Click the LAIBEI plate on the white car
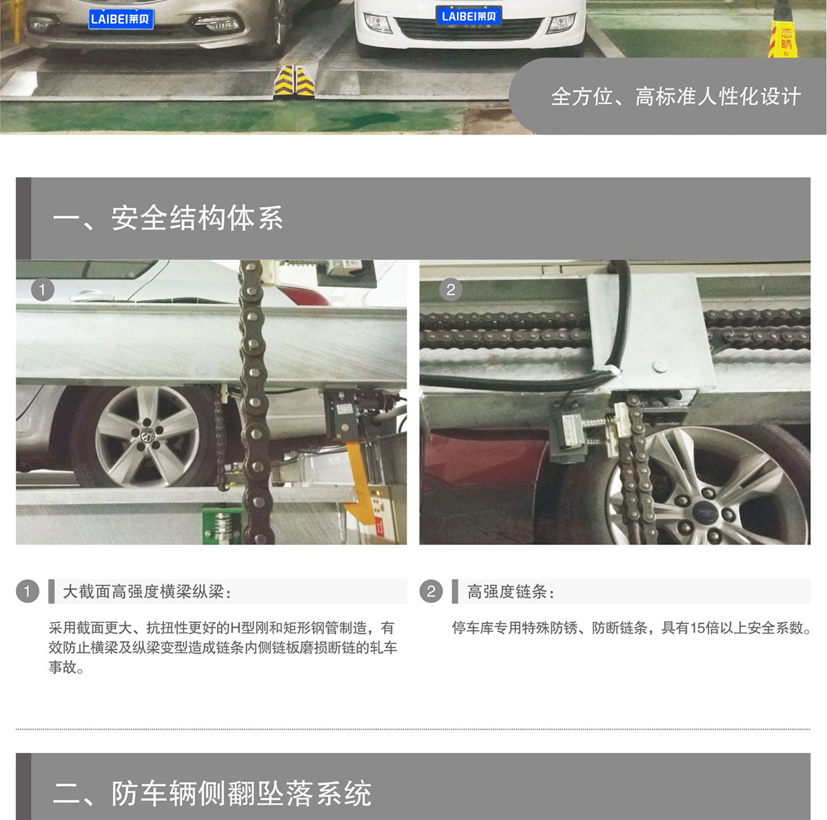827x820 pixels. click(x=469, y=17)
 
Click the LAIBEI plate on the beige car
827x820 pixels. click(x=121, y=19)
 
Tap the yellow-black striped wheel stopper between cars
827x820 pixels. click(x=294, y=80)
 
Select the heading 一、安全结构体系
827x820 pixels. click(x=167, y=218)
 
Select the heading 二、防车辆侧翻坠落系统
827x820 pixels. click(x=212, y=793)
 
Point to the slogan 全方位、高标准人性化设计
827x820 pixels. click(x=676, y=97)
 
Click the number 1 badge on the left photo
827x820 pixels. click(x=43, y=290)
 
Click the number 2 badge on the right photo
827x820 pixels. click(x=451, y=290)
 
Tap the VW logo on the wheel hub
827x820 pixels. click(x=147, y=435)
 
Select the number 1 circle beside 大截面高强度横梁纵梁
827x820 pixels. click(x=28, y=591)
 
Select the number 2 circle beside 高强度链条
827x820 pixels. click(x=431, y=591)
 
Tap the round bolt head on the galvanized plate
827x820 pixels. click(x=660, y=366)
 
